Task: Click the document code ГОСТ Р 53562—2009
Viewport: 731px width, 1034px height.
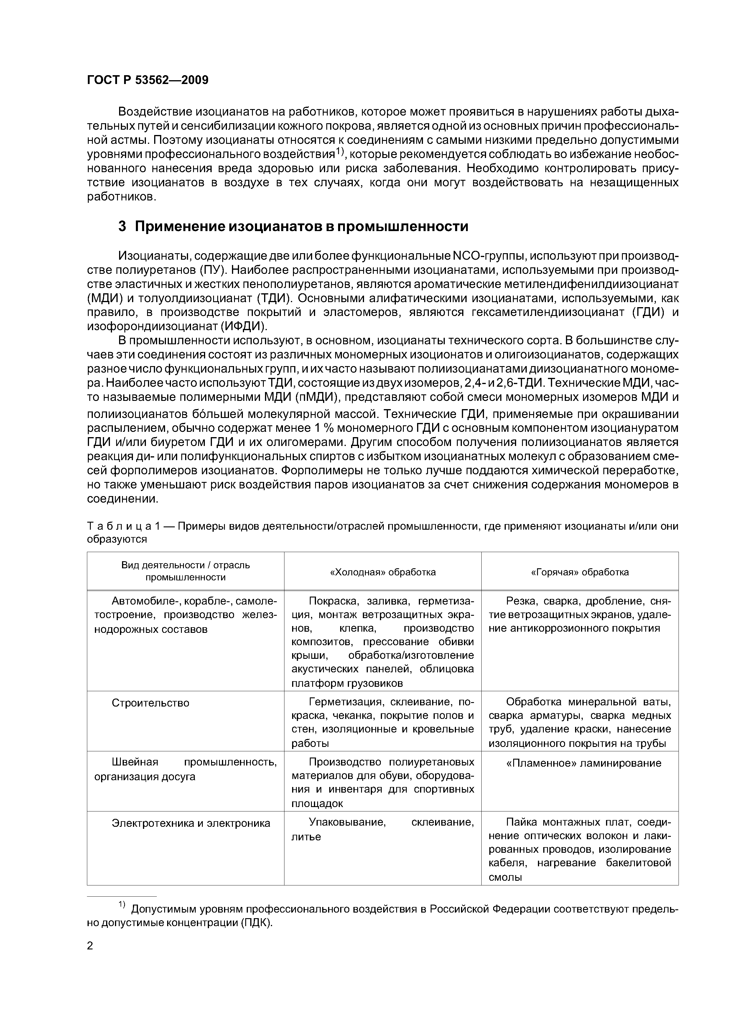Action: pyautogui.click(x=147, y=80)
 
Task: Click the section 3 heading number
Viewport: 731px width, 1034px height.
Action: pyautogui.click(x=122, y=227)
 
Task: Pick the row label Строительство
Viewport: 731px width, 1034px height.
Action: pyautogui.click(x=150, y=703)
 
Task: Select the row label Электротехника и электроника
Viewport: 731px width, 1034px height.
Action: pyautogui.click(x=191, y=823)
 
